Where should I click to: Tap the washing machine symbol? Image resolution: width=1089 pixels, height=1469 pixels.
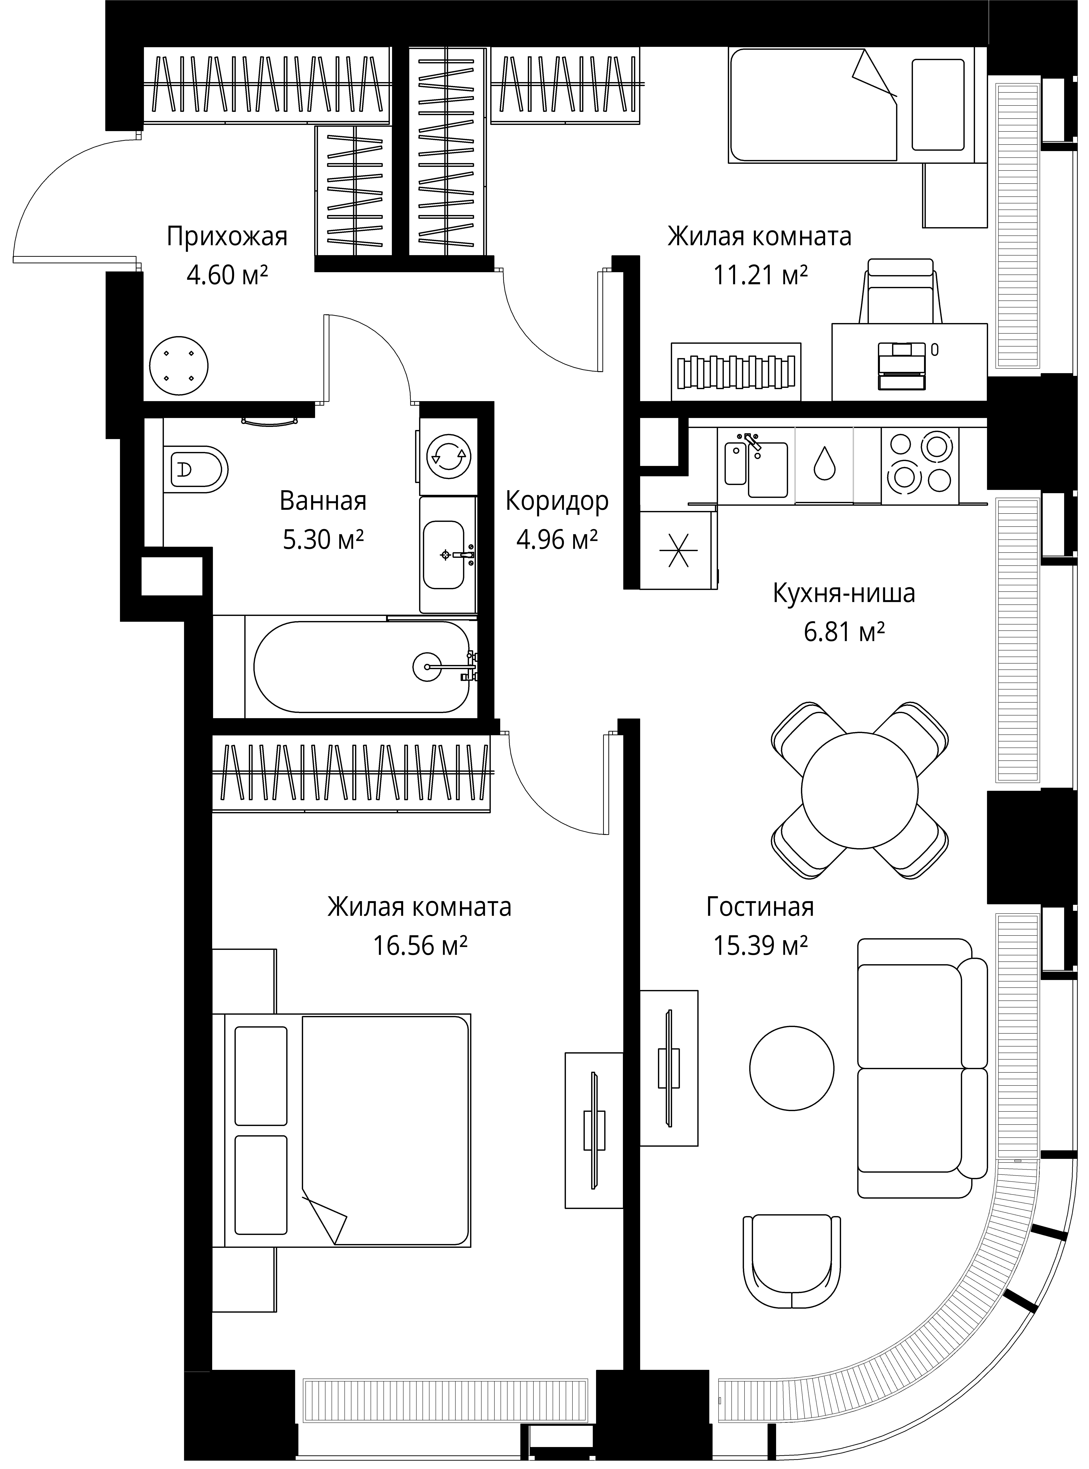(x=448, y=456)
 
